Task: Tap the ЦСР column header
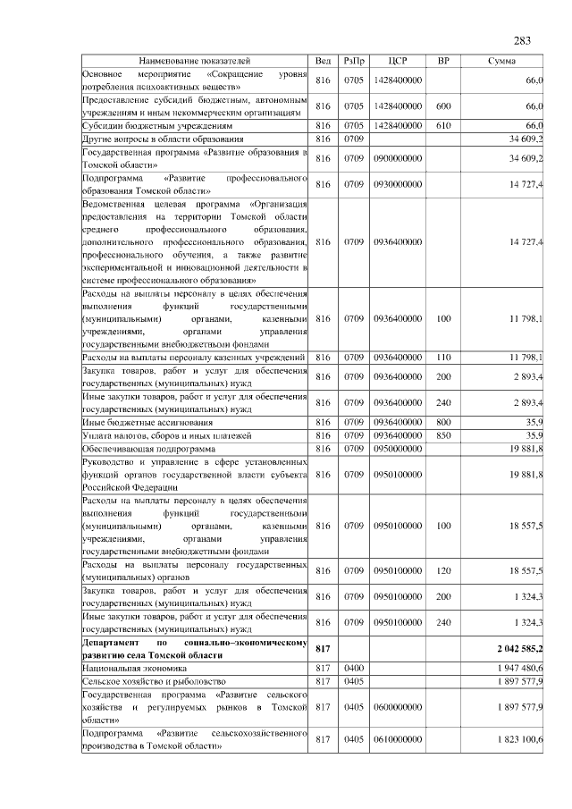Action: [x=399, y=62]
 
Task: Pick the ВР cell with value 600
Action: [x=443, y=106]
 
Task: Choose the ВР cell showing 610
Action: [x=443, y=126]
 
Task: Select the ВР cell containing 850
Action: [x=443, y=435]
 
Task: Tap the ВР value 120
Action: [x=443, y=570]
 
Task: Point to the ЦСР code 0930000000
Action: [x=399, y=184]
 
